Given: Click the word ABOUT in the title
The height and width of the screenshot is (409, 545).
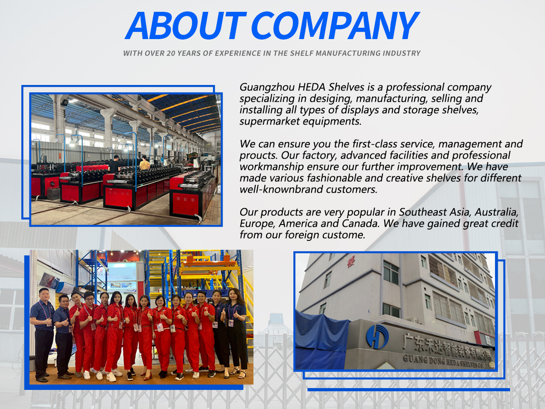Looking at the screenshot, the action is pyautogui.click(x=186, y=25).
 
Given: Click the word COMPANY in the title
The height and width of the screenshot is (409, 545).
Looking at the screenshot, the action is pyautogui.click(x=336, y=25).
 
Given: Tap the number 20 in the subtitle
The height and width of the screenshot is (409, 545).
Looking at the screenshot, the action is pyautogui.click(x=171, y=53).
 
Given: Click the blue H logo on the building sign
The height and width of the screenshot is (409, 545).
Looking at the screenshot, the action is pyautogui.click(x=377, y=336).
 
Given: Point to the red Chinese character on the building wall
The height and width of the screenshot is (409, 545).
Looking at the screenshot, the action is pyautogui.click(x=350, y=262).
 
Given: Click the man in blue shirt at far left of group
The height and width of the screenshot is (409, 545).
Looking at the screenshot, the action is pyautogui.click(x=42, y=334).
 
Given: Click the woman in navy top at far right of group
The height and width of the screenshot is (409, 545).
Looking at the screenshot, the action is pyautogui.click(x=237, y=332).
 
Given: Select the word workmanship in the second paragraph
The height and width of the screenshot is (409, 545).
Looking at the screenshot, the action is pyautogui.click(x=272, y=167).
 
